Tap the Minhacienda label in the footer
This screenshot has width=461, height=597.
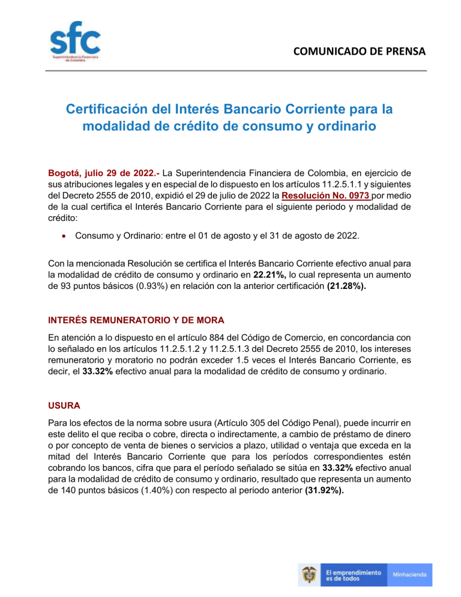pyautogui.click(x=411, y=574)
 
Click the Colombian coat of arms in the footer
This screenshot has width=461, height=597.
pyautogui.click(x=310, y=575)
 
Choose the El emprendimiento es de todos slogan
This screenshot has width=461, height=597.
pyautogui.click(x=353, y=574)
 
